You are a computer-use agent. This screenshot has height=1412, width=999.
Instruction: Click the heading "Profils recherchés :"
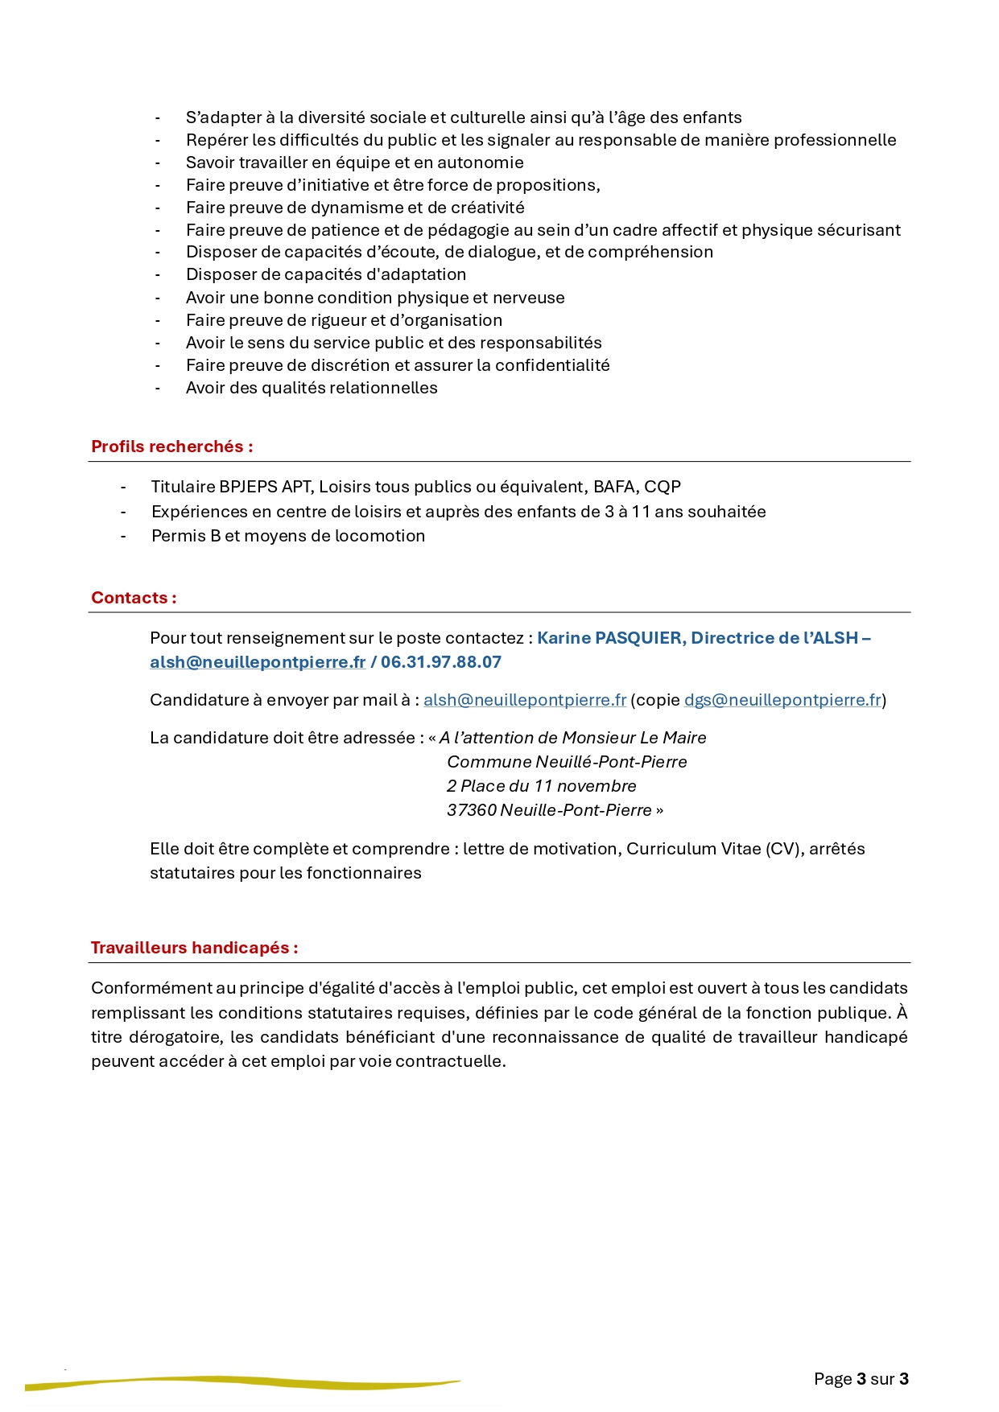(171, 447)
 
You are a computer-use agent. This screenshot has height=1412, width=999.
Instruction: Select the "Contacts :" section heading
(134, 598)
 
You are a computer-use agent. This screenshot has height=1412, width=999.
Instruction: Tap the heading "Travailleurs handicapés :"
(194, 948)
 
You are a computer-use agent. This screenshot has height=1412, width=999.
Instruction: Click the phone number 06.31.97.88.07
(441, 662)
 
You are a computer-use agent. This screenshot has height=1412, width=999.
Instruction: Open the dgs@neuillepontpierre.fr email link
(782, 700)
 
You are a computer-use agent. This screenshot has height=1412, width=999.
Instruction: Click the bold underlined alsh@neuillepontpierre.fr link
(258, 662)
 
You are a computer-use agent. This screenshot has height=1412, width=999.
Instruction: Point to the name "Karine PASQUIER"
(609, 638)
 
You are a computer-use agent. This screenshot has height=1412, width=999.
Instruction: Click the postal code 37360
(472, 810)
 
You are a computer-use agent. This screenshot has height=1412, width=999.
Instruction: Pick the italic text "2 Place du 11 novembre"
(542, 786)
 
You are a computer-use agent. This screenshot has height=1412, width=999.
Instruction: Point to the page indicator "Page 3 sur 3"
(861, 1379)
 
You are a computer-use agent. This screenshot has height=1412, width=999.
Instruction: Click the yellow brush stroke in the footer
(241, 1383)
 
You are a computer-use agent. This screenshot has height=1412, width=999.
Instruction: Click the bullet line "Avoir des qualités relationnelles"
(312, 388)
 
